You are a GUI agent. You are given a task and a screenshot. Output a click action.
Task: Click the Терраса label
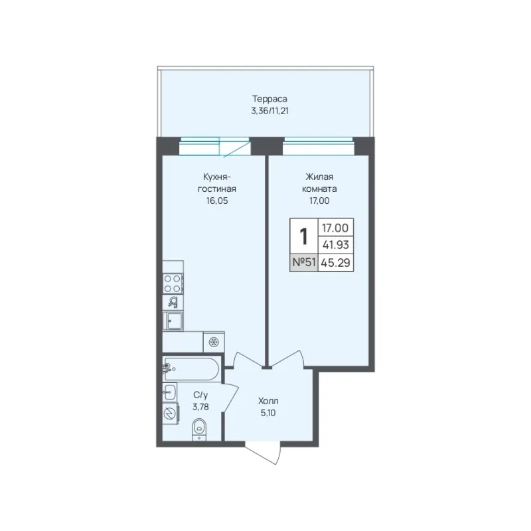269,99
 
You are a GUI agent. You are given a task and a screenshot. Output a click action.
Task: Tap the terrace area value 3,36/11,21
269,111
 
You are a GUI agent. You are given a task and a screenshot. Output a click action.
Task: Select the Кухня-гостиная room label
217,183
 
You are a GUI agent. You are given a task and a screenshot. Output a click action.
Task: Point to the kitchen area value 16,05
217,201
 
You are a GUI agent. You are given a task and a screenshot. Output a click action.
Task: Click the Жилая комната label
319,183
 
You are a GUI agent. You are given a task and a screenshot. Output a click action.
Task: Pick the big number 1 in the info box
304,236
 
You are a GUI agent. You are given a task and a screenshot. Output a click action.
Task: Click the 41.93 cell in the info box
336,245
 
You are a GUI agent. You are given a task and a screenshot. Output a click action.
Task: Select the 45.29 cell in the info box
336,262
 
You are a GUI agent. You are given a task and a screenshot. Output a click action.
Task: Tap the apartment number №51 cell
304,262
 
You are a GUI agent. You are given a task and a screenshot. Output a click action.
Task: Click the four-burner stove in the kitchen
173,283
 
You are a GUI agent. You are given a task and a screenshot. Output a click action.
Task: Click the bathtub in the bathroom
191,368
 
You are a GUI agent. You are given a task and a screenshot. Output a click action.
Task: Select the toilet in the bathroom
199,429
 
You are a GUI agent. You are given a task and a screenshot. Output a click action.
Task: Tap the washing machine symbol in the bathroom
169,413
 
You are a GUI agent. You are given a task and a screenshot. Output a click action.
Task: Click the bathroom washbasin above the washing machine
169,392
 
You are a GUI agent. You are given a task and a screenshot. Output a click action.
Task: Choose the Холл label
268,401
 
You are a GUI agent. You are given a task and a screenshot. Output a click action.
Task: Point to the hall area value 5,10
268,413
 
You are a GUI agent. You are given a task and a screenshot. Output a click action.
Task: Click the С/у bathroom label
200,395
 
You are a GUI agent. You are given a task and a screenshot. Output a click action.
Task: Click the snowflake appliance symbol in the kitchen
214,342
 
